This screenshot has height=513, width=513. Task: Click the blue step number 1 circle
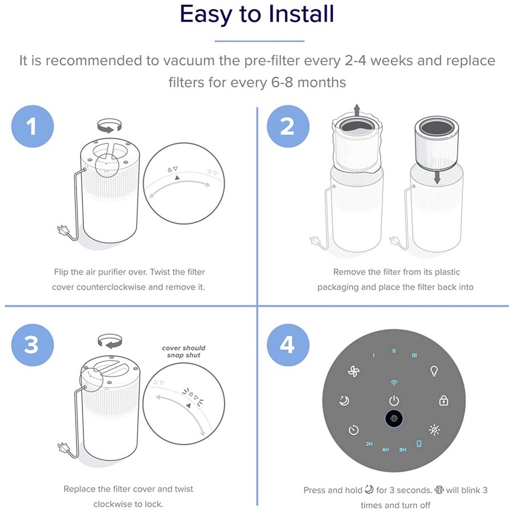[32, 127]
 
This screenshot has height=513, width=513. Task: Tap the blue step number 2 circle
[288, 127]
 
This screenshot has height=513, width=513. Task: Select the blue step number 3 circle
[32, 345]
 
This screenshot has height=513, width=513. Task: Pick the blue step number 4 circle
[288, 345]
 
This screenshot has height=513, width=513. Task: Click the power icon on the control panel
[394, 401]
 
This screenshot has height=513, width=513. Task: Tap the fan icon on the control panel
[353, 371]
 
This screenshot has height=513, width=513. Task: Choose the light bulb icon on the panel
[434, 371]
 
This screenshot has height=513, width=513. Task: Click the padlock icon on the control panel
[443, 400]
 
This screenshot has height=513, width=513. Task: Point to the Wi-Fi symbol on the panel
[394, 383]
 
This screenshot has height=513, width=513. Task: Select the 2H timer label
[369, 444]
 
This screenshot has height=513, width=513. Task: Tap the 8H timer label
[403, 450]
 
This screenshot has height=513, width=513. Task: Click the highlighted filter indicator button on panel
[394, 418]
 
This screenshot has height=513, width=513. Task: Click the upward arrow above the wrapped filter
[357, 110]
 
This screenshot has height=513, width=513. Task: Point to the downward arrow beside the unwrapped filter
[437, 177]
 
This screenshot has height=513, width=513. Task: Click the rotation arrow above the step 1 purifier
[109, 125]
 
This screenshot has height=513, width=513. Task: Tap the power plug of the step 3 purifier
[63, 447]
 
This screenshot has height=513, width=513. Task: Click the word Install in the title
[302, 14]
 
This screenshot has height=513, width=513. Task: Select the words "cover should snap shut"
[184, 351]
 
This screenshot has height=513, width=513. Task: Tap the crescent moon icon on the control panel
[344, 401]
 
